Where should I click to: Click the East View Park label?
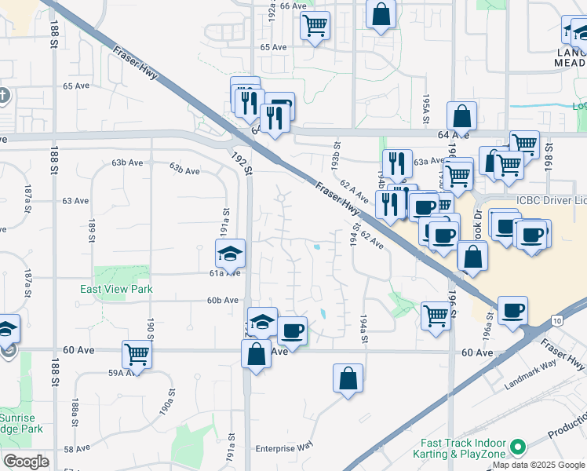point(116,289)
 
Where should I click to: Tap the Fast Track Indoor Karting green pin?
point(517,448)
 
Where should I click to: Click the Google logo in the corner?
point(27,462)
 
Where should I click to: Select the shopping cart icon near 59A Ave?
point(137,354)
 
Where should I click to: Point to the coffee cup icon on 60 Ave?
point(293,330)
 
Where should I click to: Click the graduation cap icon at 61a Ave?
point(231,254)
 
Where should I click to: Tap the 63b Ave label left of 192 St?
point(186,166)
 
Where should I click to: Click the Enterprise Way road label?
point(284,446)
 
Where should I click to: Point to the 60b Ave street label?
point(222,300)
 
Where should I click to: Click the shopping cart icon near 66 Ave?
point(315,24)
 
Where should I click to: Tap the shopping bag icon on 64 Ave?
point(462,116)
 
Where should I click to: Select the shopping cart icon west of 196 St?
point(436,316)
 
